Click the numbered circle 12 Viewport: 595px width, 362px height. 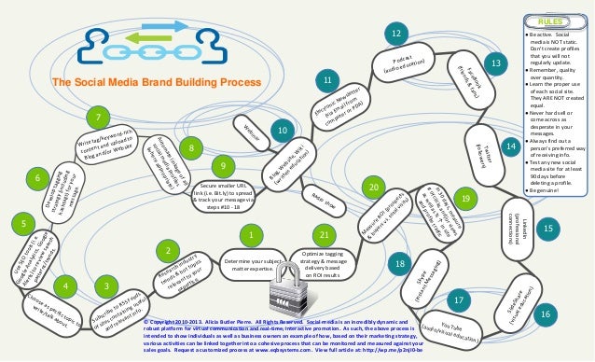tap(396, 35)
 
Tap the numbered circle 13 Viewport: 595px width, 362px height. tap(496, 63)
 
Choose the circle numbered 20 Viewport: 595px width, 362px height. tap(373, 188)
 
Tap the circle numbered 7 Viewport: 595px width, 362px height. tap(97, 118)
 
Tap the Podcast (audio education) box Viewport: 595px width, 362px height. tap(403, 66)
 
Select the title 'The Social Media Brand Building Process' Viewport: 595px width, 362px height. tap(156, 82)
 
